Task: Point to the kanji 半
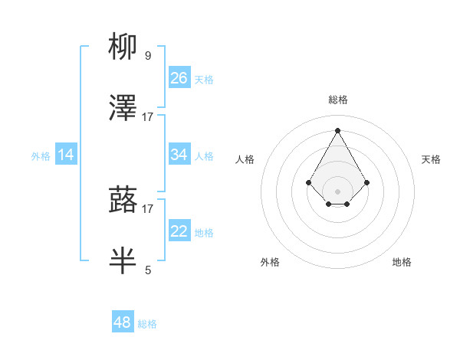click(123, 260)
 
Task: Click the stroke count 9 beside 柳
click(147, 56)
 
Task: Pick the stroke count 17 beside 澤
click(148, 116)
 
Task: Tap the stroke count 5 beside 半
click(148, 270)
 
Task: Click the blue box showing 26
click(179, 77)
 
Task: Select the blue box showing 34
click(179, 154)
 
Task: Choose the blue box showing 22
click(179, 231)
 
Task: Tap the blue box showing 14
click(66, 154)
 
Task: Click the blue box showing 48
click(123, 322)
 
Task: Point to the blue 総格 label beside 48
click(147, 324)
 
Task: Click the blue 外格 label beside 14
click(40, 155)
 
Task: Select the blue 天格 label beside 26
click(204, 79)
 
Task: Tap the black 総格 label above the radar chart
click(337, 100)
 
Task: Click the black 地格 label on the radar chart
click(402, 262)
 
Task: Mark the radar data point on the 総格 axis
click(337, 130)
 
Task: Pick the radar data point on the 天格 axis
click(367, 182)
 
